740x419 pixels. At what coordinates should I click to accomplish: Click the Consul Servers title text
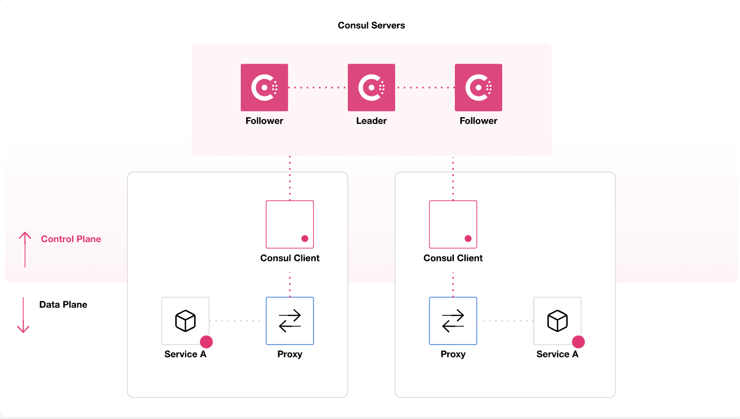pos(371,25)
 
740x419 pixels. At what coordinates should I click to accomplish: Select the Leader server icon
pos(371,87)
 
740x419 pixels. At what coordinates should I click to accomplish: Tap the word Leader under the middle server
pos(371,121)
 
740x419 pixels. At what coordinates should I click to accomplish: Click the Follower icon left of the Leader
pos(264,87)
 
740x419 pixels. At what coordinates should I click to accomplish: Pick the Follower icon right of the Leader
pos(478,87)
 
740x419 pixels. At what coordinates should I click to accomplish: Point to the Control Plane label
pos(71,239)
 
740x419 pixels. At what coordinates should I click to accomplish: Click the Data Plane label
pos(63,305)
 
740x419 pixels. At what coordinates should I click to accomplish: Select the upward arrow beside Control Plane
pos(25,250)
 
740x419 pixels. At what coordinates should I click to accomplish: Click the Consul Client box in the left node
pos(290,224)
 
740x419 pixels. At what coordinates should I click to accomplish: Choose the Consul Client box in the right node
pos(453,224)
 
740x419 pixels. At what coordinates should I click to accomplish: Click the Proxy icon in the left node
pos(290,321)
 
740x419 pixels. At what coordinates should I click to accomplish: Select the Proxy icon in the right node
pos(453,321)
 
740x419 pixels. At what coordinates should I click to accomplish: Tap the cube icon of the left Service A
pos(185,321)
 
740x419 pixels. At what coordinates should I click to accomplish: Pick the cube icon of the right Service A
pos(557,321)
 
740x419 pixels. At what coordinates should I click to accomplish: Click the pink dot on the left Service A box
pos(206,342)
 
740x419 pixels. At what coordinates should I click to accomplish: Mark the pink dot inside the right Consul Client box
pos(468,239)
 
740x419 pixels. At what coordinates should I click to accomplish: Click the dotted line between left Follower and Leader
pos(318,87)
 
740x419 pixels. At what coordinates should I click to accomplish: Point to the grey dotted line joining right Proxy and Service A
pos(505,321)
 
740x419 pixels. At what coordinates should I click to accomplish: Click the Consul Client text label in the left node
pos(290,258)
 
